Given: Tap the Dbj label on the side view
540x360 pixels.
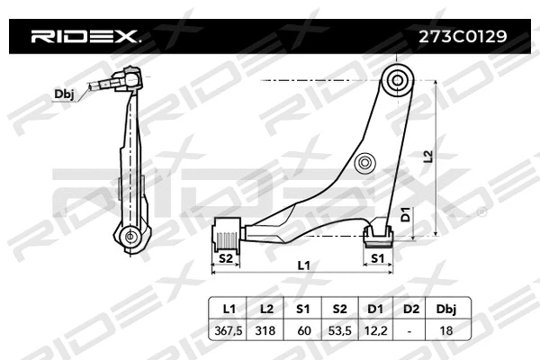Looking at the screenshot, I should (x=65, y=94).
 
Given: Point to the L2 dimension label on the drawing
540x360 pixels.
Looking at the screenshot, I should (x=427, y=157).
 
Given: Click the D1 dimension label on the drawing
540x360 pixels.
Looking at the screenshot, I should (x=405, y=214).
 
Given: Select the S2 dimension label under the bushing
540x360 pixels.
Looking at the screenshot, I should (x=226, y=260).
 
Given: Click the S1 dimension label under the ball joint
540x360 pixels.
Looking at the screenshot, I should (x=378, y=260).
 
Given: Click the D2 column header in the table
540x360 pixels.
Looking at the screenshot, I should (x=411, y=308).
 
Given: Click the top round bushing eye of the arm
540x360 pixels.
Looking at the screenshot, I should (x=397, y=80).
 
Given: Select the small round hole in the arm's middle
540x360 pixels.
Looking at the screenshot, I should (x=364, y=164).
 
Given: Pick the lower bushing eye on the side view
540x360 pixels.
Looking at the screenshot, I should (x=130, y=237).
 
